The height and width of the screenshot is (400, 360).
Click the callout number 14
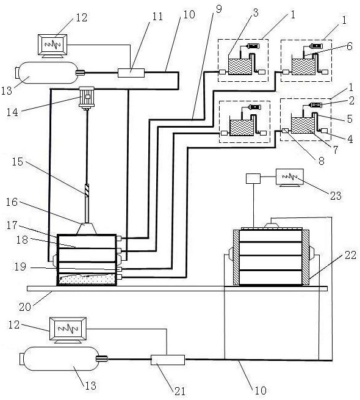click(12, 112)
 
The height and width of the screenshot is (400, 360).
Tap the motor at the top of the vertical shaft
click(87, 98)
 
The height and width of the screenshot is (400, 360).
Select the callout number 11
click(157, 16)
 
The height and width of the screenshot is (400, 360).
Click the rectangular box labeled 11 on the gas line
click(131, 73)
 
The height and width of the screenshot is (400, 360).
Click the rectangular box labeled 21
click(168, 360)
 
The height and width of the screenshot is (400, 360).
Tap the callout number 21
click(179, 391)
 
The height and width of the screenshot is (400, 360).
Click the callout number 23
click(335, 196)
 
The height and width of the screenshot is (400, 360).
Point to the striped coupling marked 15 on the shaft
click(87, 191)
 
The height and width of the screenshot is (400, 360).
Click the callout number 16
click(12, 202)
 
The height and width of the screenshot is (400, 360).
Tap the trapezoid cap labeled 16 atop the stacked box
click(87, 229)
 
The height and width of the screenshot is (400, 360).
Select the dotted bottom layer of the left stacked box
click(87, 280)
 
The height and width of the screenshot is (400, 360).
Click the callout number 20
click(25, 307)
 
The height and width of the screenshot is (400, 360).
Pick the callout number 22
click(350, 255)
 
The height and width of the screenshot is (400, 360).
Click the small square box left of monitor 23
click(253, 178)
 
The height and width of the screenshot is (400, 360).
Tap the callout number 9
click(219, 9)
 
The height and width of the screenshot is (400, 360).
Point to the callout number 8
click(321, 161)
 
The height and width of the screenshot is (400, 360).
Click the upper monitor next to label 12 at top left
click(52, 46)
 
